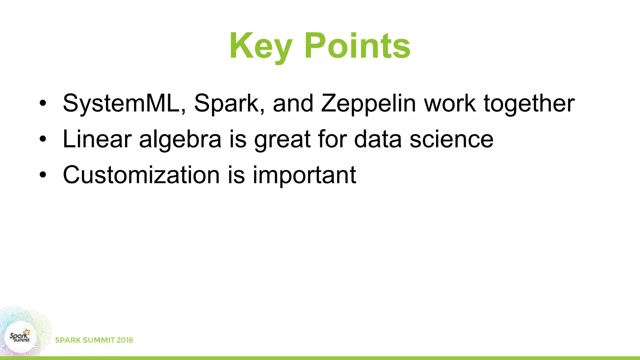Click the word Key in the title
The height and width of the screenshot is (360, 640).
[261, 46]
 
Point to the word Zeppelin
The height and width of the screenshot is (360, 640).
[368, 103]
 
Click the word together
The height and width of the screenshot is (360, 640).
[529, 103]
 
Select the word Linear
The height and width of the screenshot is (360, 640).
[97, 139]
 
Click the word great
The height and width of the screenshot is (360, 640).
[282, 139]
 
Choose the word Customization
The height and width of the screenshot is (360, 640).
[141, 175]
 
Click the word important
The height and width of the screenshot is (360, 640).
[304, 175]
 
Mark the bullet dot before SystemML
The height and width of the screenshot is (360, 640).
[43, 103]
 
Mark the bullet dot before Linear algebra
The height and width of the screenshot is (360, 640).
[43, 139]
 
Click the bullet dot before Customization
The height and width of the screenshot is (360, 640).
[43, 175]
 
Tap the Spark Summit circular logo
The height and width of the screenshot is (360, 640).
[20, 337]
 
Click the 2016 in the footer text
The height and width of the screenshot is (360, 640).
[125, 340]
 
